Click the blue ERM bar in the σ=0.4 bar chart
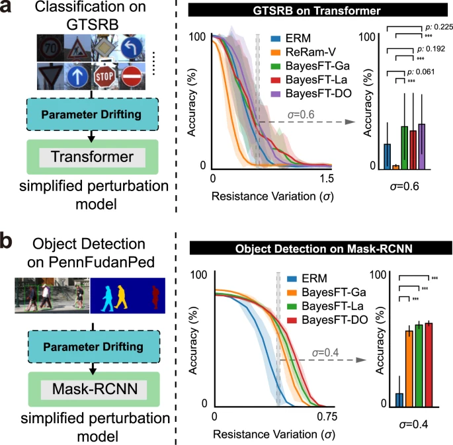399,399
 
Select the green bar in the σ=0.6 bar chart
404,147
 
